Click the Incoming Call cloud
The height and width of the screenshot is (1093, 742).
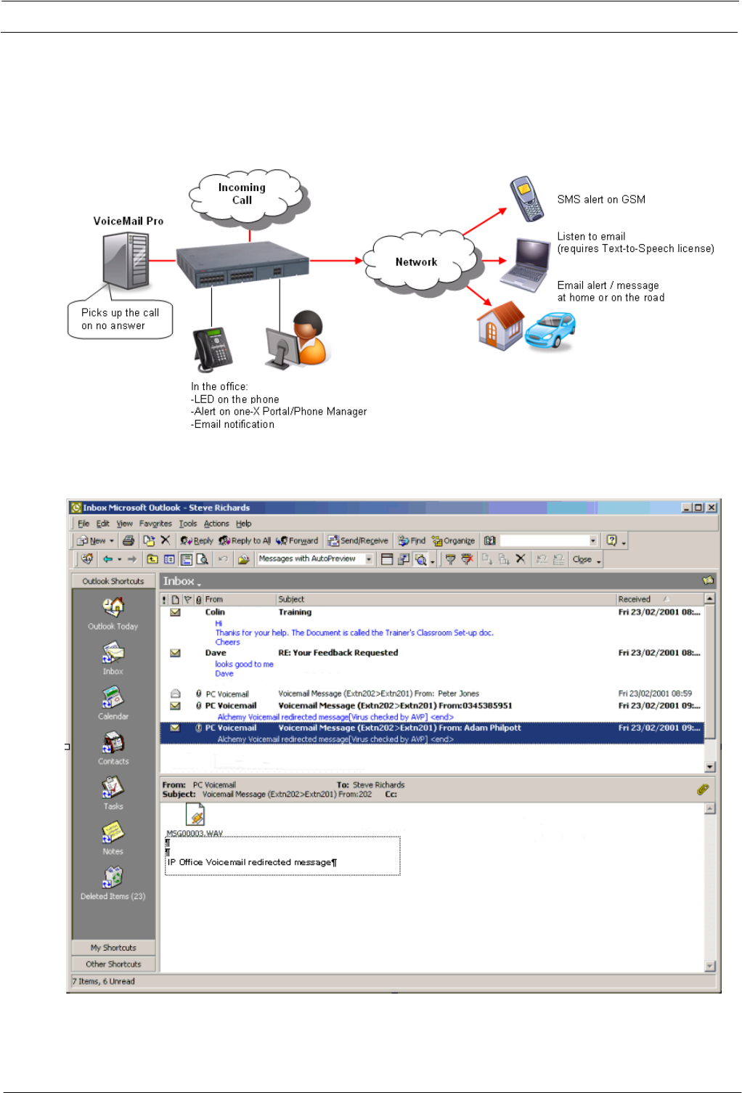(x=243, y=194)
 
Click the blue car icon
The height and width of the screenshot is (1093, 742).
(x=550, y=331)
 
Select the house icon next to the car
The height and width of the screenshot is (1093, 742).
(x=500, y=325)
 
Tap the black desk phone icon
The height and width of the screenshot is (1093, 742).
(x=213, y=349)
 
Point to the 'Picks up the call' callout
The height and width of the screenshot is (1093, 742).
(x=121, y=320)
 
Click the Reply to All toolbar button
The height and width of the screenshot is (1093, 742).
(x=245, y=541)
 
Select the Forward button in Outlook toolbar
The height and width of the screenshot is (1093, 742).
(x=297, y=541)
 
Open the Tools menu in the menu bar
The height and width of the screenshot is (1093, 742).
(x=188, y=524)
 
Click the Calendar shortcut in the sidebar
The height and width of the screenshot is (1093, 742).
(x=113, y=703)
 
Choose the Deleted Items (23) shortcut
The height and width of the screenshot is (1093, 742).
(x=113, y=883)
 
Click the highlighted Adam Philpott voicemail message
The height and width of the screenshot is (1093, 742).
(x=399, y=728)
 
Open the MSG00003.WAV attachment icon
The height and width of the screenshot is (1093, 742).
(x=195, y=818)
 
